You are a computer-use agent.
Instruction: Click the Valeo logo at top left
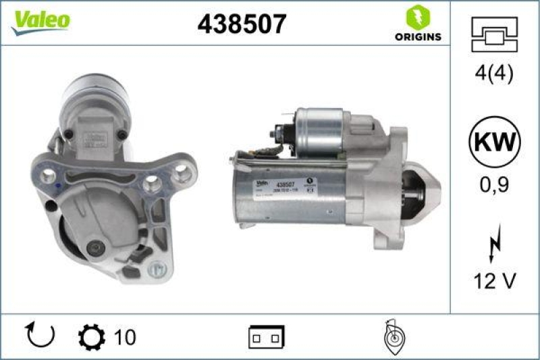click(x=39, y=21)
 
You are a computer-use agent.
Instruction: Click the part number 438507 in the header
click(x=242, y=24)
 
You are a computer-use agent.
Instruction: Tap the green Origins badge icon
click(x=417, y=17)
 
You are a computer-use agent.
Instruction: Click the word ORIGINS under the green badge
click(x=418, y=36)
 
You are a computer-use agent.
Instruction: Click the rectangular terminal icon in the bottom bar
click(x=267, y=336)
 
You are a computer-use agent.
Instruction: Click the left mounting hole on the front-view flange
click(x=49, y=176)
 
